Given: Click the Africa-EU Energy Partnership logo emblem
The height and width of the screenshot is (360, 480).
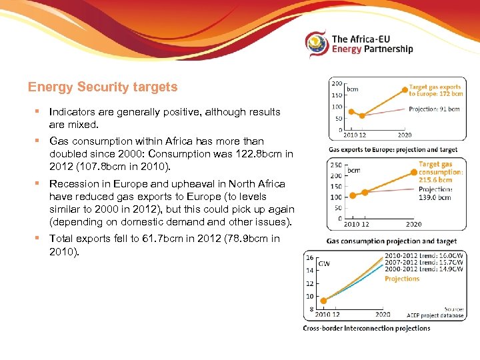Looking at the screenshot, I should coord(317,44).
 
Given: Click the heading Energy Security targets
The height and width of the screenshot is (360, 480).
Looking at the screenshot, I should coord(103,87).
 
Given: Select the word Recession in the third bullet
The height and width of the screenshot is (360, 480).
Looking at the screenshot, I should coord(73,183).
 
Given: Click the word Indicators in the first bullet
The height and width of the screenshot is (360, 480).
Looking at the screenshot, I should coord(71,112).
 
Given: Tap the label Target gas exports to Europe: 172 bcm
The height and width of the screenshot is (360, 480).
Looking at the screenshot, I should coord(435,91).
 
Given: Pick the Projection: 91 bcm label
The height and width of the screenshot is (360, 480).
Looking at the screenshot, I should coord(434,109).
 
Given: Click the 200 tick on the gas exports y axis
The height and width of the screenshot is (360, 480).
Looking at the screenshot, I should coord(337,83).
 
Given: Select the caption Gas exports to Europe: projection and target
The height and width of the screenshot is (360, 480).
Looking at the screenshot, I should coord(392,150).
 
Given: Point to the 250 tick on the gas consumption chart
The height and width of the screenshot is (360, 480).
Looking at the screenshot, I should coord(336,165).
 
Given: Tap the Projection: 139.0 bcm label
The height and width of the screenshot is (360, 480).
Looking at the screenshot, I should coord(435,193).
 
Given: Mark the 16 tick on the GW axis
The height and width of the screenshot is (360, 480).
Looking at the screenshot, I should coord(309,257).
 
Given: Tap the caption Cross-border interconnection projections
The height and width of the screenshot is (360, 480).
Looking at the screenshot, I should coord(367,328).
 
